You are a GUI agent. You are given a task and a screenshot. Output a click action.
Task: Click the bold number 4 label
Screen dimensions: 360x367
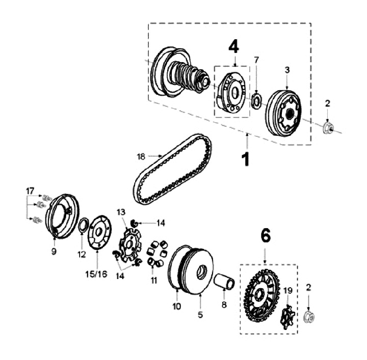233,46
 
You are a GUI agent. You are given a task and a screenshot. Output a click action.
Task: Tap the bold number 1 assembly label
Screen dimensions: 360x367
246,158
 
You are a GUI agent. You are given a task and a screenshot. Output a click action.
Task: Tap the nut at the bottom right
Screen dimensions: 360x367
309,317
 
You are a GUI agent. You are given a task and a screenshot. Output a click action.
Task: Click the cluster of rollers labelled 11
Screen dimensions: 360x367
156,252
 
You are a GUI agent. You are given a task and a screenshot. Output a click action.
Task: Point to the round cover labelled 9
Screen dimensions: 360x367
62,216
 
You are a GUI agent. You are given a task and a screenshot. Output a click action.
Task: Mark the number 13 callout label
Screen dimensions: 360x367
121,212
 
